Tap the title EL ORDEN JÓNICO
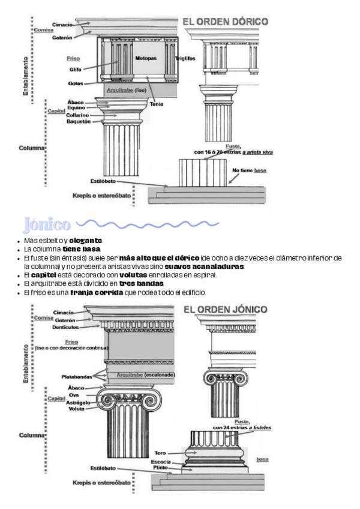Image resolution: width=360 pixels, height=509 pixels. pos(226,310)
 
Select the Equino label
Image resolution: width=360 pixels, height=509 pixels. pos(76,108)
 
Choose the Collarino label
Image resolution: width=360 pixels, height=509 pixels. pos(78,115)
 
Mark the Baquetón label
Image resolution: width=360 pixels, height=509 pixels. pos(78,121)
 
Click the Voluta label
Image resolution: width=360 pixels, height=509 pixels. pos(76,409)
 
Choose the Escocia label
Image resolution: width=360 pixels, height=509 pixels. pos(160,461)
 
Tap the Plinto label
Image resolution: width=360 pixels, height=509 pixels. pos(161,466)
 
